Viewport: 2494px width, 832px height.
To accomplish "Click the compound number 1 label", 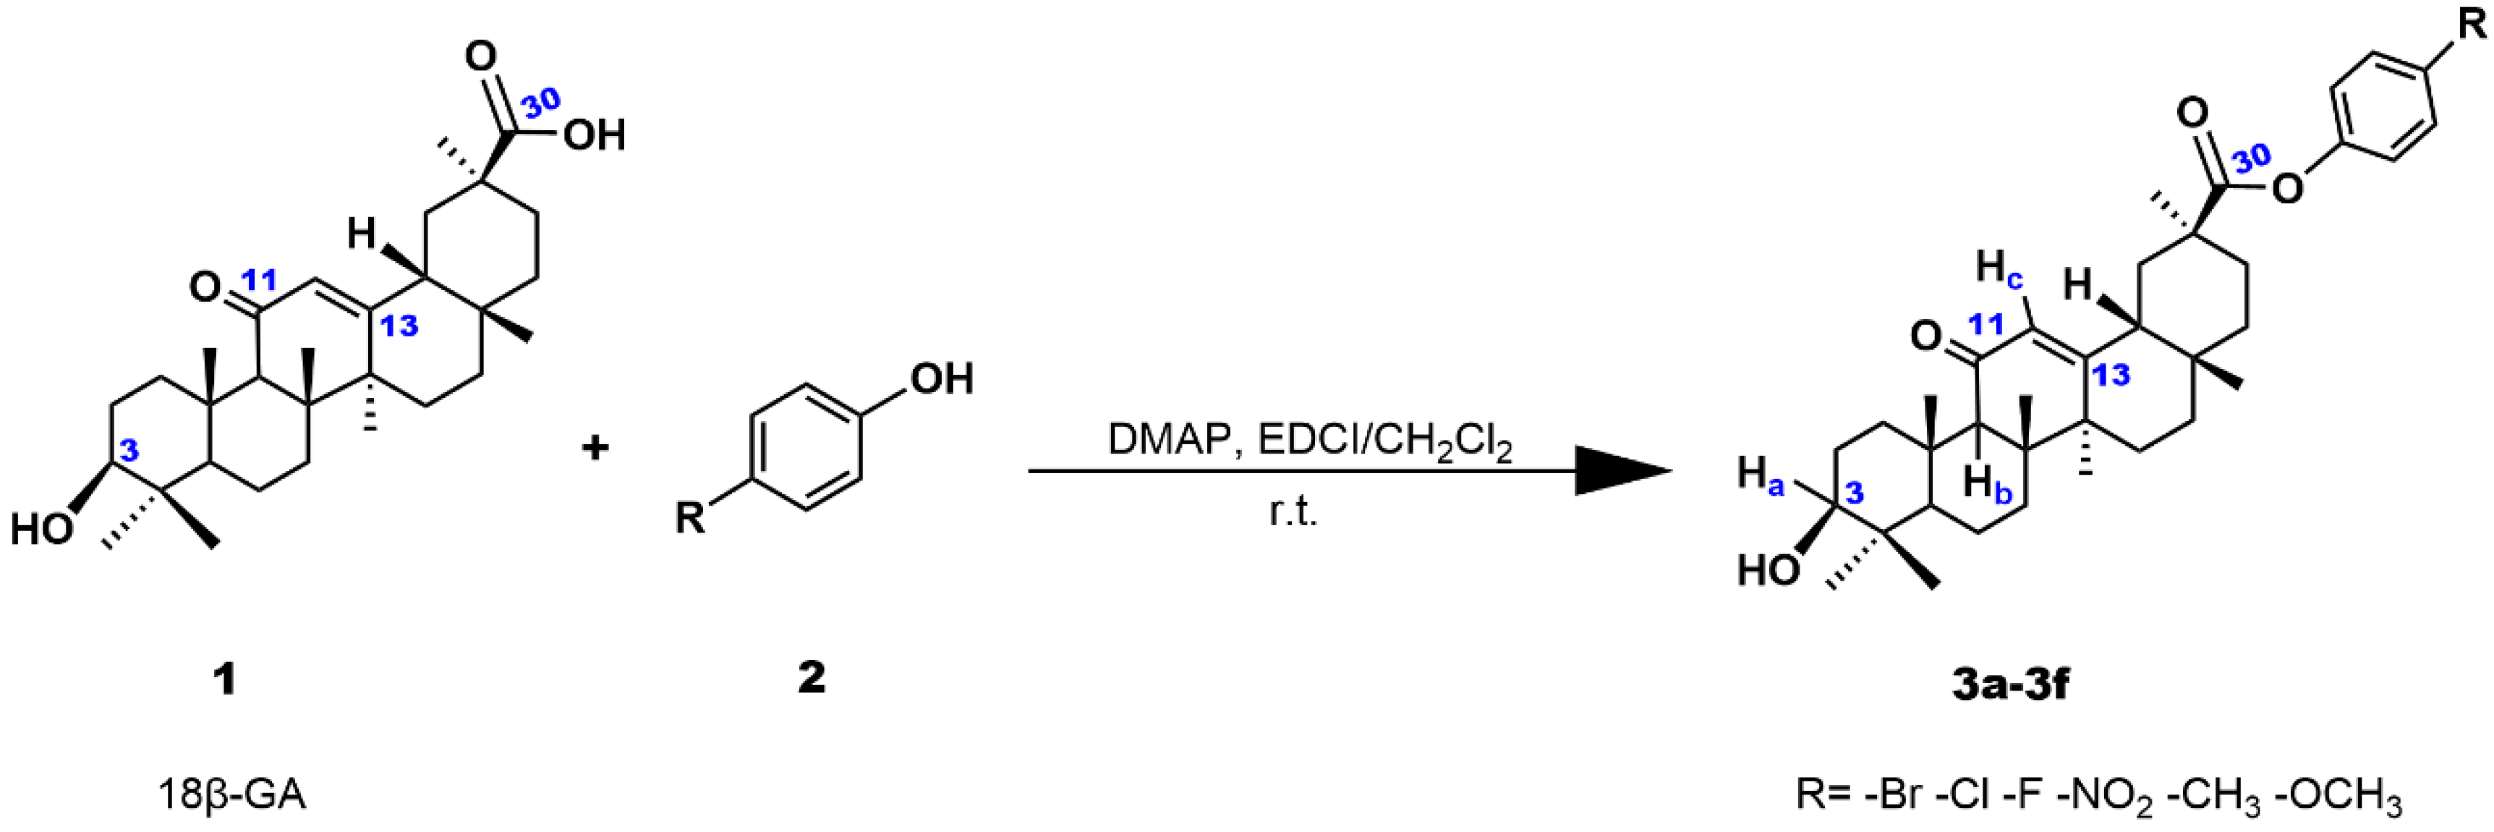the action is [225, 679].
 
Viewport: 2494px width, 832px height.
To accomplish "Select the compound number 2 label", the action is [812, 677].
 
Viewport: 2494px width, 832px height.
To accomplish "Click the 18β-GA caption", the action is [232, 794].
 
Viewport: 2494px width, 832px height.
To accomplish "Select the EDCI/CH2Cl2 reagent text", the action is [1385, 441].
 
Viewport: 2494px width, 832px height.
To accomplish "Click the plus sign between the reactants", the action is [595, 448].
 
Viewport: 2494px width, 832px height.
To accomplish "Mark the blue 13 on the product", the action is [2111, 375].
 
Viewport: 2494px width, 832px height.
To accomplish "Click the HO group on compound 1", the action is [41, 529].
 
